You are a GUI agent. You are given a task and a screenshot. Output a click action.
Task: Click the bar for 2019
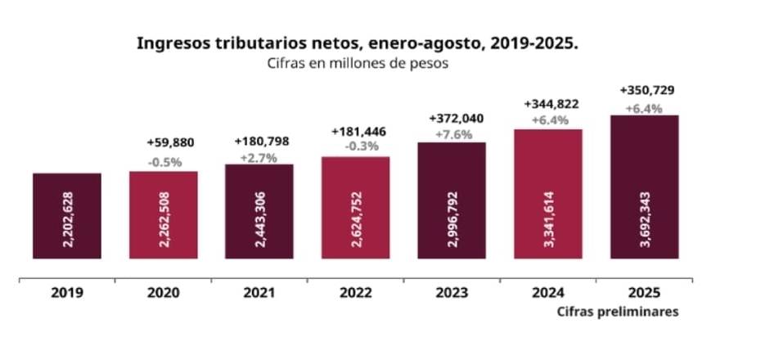point(67,216)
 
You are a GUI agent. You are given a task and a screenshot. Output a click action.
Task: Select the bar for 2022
point(356,208)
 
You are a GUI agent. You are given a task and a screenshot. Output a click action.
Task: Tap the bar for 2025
point(645,187)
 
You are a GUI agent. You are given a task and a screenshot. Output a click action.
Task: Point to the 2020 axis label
point(163,292)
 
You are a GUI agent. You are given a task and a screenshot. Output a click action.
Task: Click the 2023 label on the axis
point(452,292)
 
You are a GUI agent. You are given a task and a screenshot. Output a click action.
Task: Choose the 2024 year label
point(548,292)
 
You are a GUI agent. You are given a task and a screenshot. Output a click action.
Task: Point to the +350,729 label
point(647,90)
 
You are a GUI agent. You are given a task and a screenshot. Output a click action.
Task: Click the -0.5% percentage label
point(164,162)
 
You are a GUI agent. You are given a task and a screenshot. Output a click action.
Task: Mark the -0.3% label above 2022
point(358,147)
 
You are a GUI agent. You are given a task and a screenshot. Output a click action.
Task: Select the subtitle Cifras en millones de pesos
point(358,65)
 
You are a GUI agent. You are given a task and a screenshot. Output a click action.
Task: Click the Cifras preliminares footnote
point(618,312)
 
